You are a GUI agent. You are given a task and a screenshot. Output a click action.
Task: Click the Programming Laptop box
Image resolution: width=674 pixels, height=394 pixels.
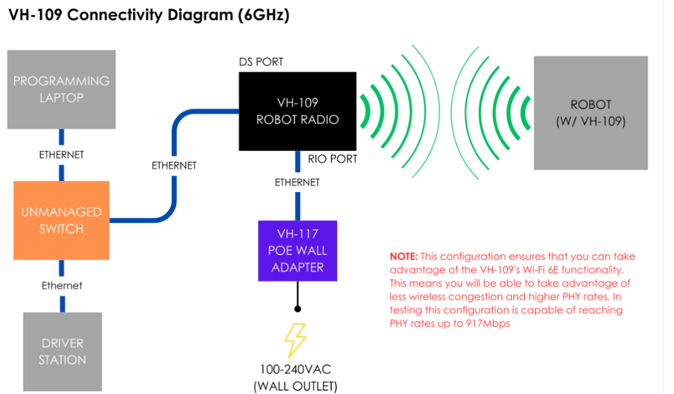[61, 89]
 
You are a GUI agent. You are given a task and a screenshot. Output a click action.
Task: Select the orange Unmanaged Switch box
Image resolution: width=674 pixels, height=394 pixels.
[61, 220]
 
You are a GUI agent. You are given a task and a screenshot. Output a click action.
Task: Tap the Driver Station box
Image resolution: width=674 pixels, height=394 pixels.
[63, 351]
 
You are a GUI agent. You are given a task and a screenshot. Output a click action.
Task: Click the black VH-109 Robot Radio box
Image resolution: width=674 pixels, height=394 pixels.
[298, 111]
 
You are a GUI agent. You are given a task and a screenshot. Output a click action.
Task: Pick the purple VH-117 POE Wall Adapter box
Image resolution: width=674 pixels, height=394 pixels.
[298, 250]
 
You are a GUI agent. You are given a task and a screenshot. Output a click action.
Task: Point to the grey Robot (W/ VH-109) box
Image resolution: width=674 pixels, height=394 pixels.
[590, 112]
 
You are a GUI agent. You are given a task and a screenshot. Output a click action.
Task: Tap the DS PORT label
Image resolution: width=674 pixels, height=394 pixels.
[261, 62]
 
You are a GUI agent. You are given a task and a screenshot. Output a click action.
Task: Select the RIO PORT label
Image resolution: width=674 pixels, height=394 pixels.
[333, 159]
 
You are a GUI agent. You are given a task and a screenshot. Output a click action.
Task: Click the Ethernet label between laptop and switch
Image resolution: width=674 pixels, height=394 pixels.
[61, 155]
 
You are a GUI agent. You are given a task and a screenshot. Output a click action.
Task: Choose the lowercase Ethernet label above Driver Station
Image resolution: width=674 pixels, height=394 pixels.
[62, 285]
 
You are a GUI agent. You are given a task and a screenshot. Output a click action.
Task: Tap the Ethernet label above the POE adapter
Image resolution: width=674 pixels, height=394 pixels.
[298, 182]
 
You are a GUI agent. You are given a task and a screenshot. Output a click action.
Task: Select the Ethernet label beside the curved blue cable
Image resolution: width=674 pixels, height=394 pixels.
[174, 165]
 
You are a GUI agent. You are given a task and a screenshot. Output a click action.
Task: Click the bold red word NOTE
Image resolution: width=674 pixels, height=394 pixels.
[403, 256]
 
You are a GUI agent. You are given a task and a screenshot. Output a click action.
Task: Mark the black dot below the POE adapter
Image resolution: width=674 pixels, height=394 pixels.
[298, 308]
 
